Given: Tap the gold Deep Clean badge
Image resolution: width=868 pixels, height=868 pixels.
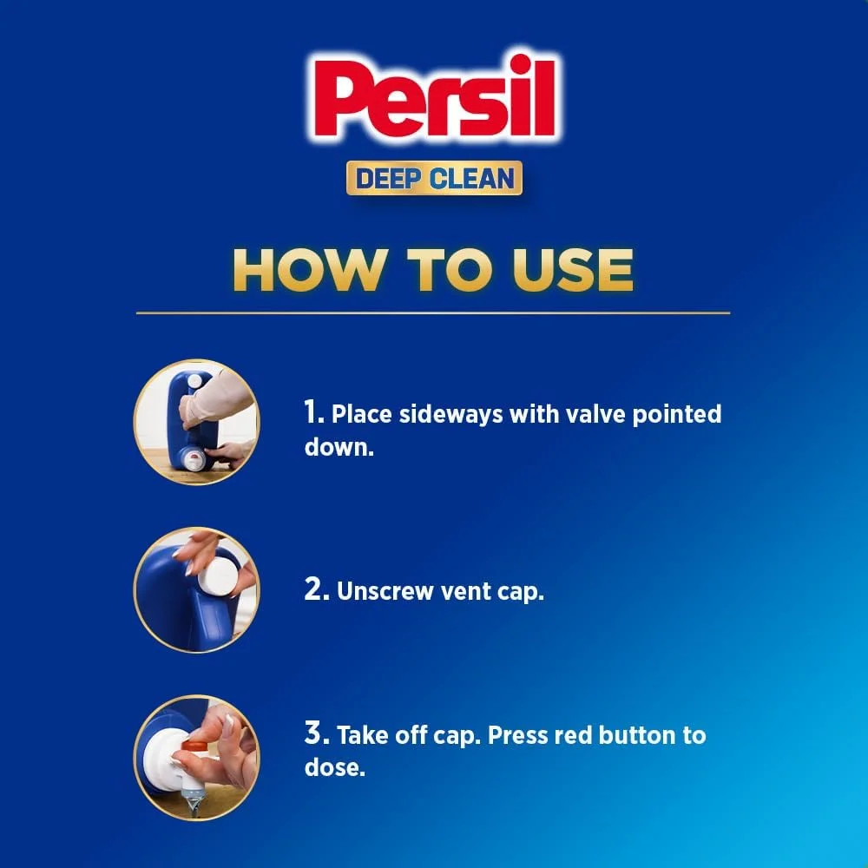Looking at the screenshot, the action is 434,178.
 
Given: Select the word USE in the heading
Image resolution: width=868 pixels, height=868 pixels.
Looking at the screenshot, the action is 573,270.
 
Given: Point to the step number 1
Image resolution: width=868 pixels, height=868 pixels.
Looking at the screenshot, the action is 312,413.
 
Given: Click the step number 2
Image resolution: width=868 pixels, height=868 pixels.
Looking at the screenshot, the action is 317,590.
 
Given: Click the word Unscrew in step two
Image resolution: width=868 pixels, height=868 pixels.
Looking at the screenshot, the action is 385,590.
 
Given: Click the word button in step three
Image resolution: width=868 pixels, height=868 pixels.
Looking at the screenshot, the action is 636,735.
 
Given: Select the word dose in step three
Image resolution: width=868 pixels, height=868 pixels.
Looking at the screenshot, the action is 332,767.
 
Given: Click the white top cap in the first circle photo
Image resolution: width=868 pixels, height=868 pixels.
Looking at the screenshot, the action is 195,381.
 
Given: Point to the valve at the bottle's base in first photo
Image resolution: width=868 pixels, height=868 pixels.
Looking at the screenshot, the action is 194,458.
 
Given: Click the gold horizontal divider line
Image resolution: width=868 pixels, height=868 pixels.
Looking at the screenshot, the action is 433,312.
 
